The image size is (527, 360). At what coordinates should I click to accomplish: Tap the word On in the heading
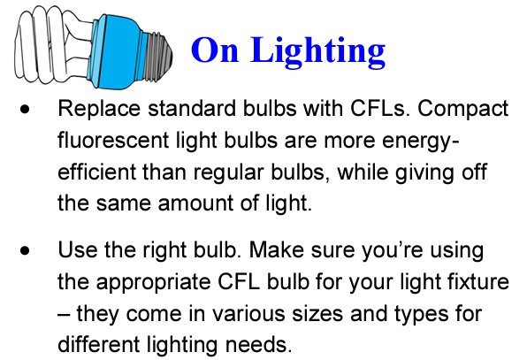click(215, 50)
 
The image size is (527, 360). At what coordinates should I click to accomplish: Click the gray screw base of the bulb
click(157, 56)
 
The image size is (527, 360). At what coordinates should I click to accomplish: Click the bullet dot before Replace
click(25, 110)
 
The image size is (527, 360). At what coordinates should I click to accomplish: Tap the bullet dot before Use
click(25, 250)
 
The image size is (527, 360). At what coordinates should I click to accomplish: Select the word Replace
click(99, 110)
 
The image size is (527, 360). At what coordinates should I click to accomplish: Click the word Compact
click(462, 110)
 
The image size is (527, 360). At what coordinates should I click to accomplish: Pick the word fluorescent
click(113, 140)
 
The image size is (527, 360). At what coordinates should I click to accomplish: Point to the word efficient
click(96, 172)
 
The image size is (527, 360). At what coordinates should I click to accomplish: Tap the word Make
click(276, 250)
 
